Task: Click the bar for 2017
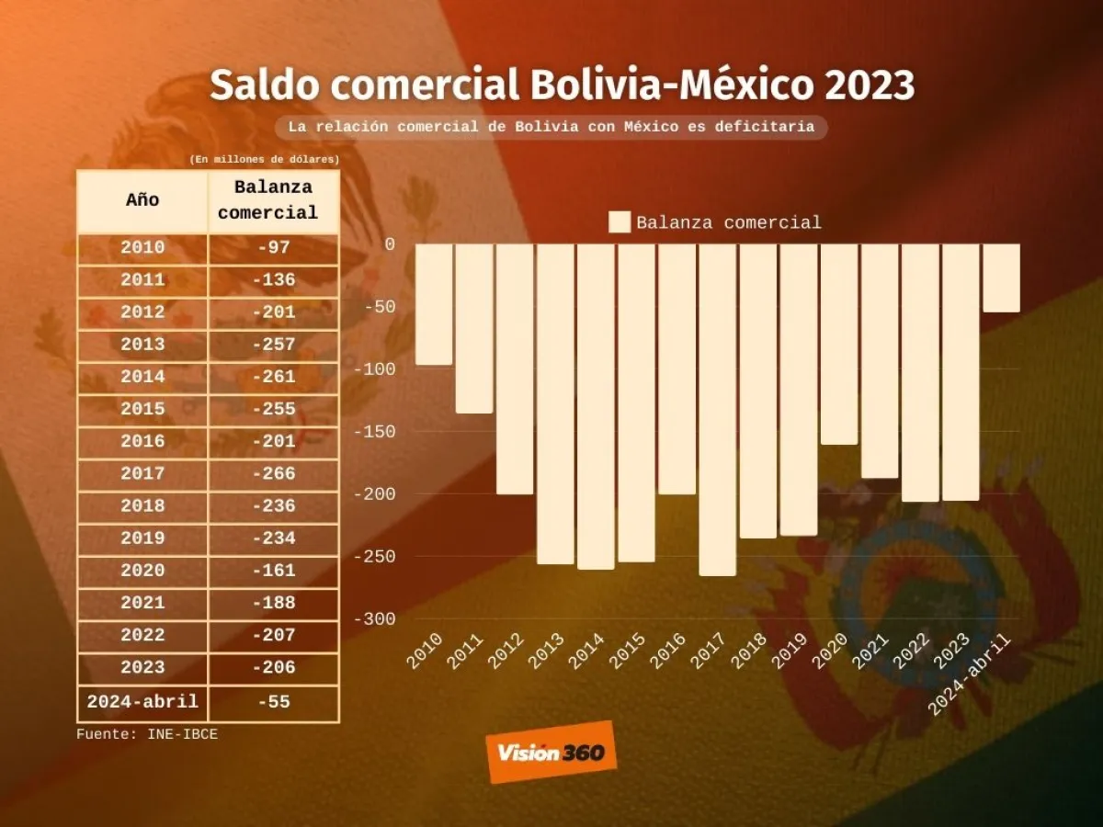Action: click(717, 409)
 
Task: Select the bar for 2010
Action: click(434, 304)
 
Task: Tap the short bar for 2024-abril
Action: click(1001, 278)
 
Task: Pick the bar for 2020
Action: click(838, 344)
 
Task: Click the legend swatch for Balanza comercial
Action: click(620, 222)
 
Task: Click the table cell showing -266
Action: click(274, 474)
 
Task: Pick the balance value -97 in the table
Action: click(274, 247)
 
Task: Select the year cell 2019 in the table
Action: click(142, 538)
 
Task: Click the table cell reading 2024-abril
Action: click(142, 702)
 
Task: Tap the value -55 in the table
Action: click(274, 702)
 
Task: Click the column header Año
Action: click(142, 200)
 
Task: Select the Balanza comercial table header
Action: click(274, 200)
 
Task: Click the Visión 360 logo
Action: click(551, 753)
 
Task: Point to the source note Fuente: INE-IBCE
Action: click(147, 734)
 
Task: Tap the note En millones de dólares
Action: click(265, 160)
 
